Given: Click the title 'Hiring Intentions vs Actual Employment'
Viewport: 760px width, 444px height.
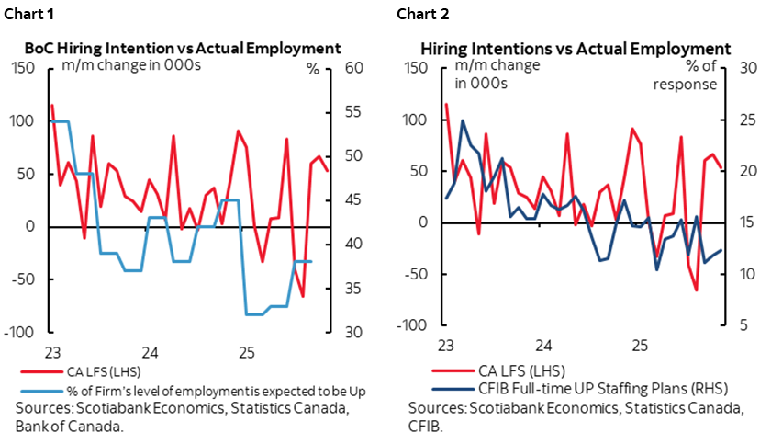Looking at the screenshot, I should tap(576, 48).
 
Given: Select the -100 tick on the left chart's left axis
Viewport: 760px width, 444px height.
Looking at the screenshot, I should tap(23, 332).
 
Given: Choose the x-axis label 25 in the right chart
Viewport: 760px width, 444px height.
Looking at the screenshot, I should tap(639, 346).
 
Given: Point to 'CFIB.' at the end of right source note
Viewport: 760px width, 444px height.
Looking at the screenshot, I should tap(429, 427).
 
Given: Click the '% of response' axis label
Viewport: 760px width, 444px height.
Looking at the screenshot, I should tap(689, 75).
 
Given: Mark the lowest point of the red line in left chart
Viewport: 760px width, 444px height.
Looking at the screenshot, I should tap(303, 296).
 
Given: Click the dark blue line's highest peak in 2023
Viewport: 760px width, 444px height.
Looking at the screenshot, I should tap(462, 120).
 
